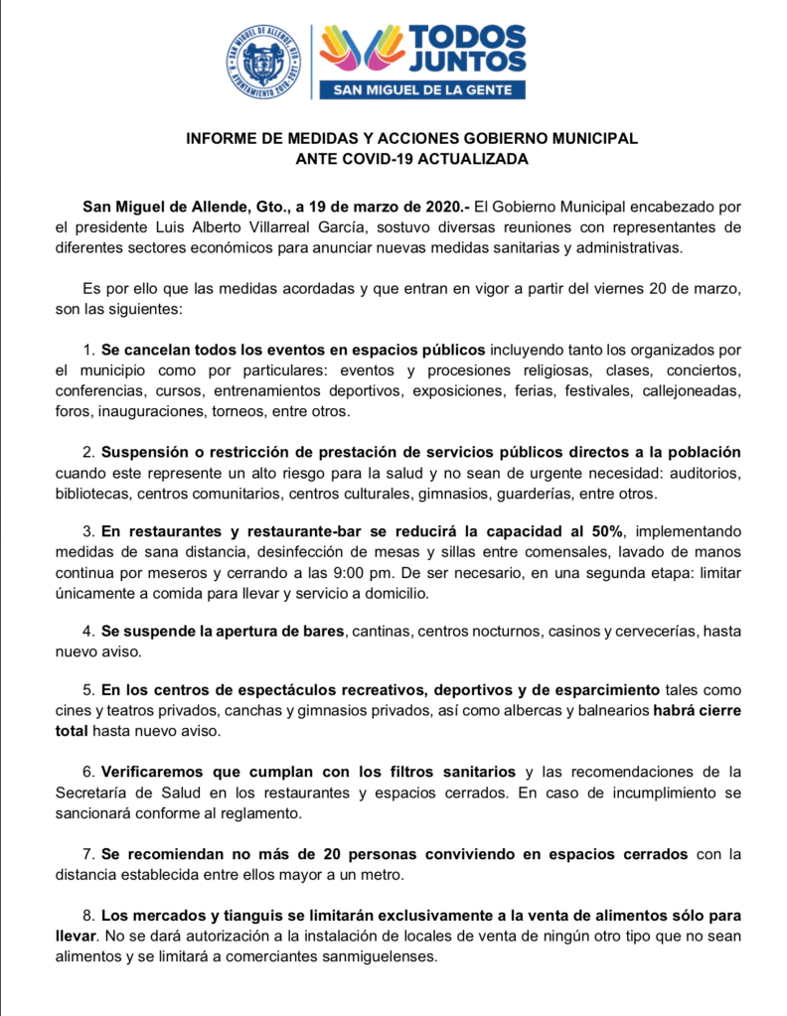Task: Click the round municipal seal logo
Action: click(x=263, y=61)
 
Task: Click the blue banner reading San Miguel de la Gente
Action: click(x=421, y=90)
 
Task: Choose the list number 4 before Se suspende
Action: click(x=88, y=632)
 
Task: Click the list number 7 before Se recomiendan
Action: click(x=88, y=854)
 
